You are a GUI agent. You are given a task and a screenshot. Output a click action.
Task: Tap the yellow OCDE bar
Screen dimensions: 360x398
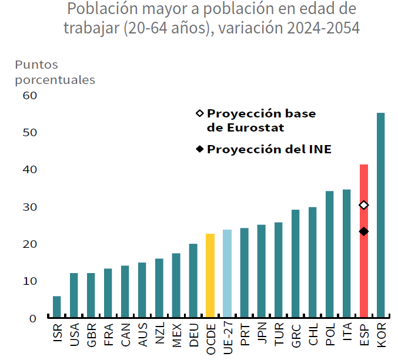click(210, 275)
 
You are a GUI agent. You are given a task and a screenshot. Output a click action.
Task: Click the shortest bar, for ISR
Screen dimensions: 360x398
click(56, 307)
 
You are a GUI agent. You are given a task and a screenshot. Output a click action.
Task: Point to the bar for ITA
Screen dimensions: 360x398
click(347, 253)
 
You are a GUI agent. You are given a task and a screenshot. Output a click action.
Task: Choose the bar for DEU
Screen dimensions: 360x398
click(193, 281)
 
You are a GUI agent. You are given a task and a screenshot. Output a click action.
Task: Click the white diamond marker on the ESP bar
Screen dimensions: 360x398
click(364, 205)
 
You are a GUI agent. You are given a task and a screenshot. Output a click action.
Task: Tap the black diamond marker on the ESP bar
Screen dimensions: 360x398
click(364, 231)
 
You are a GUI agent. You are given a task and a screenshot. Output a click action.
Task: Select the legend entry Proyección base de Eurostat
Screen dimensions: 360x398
click(261, 120)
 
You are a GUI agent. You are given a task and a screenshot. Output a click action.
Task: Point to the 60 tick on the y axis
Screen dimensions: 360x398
click(29, 95)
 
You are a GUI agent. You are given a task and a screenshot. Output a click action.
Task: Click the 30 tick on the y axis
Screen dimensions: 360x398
click(29, 207)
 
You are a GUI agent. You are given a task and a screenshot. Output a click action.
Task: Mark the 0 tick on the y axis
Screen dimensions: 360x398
click(33, 318)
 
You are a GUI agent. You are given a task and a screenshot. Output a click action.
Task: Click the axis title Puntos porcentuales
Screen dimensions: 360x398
click(55, 72)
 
